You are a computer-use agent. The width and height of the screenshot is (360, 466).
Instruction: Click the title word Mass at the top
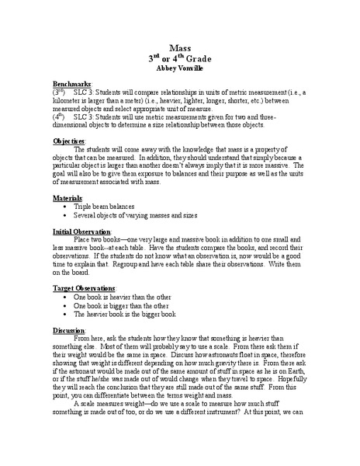180,47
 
